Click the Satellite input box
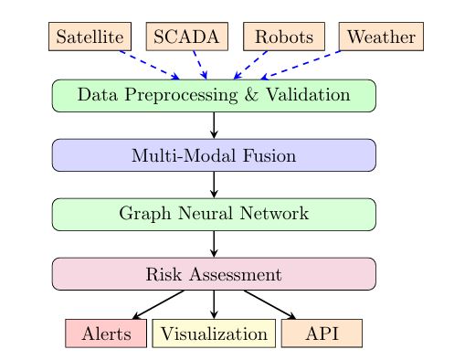pos(88,37)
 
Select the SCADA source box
pos(186,37)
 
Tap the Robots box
pos(284,37)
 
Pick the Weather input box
pos(381,37)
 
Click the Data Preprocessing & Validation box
pos(214,95)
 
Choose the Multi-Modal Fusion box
pos(214,154)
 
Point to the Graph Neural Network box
pos(214,214)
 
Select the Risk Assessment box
pos(214,273)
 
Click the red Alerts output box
pos(106,334)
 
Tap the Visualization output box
pos(214,334)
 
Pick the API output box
pos(322,334)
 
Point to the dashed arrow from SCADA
pos(196,64)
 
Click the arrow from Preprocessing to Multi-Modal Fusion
pos(214,124)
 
